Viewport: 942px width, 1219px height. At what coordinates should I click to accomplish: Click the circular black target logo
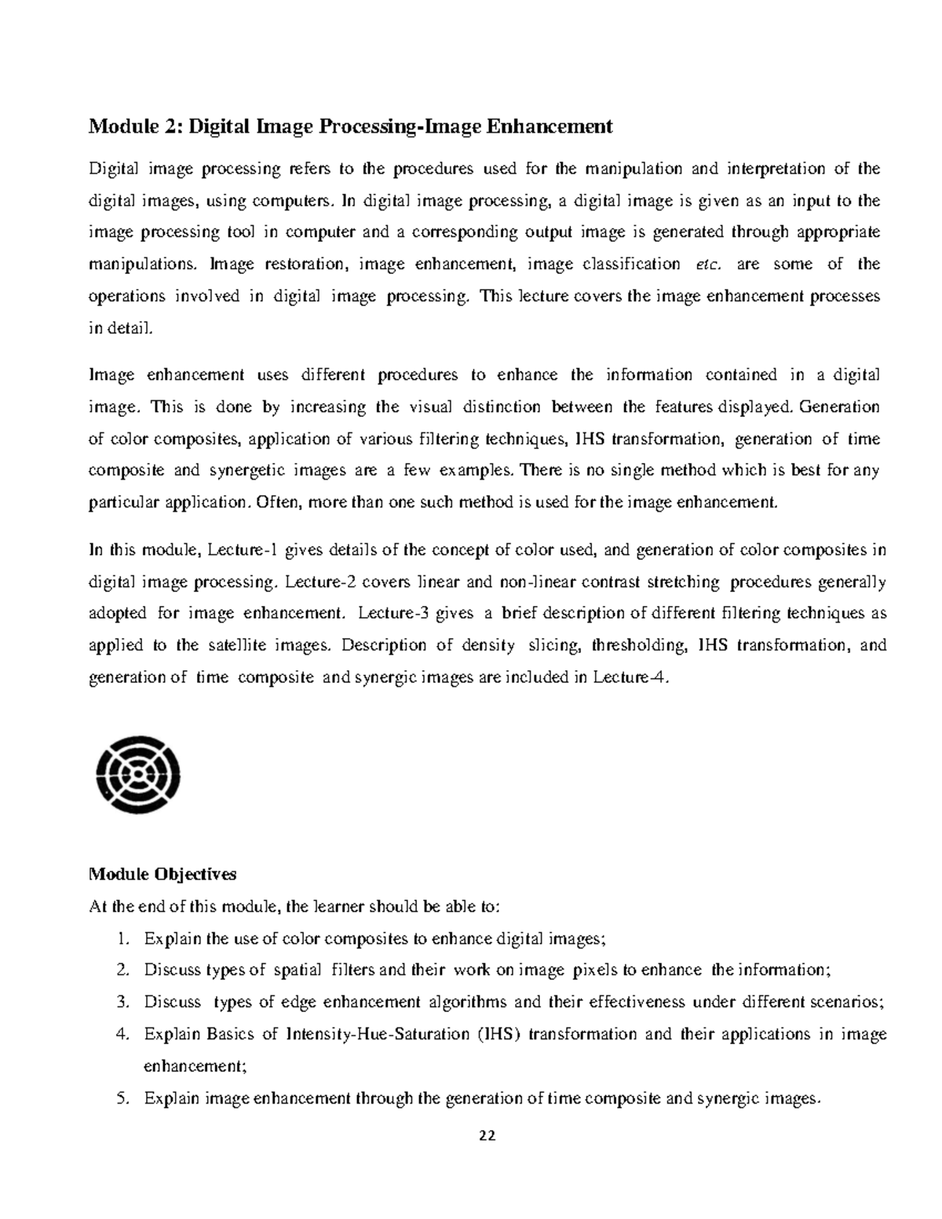pyautogui.click(x=138, y=774)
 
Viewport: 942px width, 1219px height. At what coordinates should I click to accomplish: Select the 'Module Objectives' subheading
pyautogui.click(x=162, y=874)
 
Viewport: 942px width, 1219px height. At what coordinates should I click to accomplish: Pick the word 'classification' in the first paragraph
pyautogui.click(x=631, y=265)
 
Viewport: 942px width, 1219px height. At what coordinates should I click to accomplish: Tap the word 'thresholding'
pyautogui.click(x=639, y=645)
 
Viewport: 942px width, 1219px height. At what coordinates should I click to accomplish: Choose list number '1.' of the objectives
pyautogui.click(x=121, y=939)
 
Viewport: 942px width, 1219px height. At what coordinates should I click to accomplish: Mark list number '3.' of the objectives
pyautogui.click(x=121, y=1002)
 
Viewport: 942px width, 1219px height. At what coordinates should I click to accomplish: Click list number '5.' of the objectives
pyautogui.click(x=121, y=1099)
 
